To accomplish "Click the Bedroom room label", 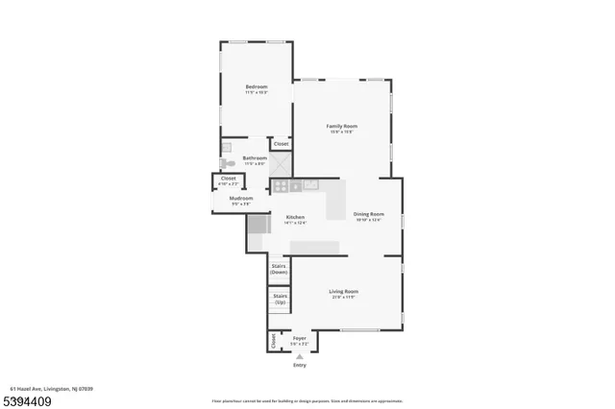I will [257, 86].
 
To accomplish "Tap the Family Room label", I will [341, 126].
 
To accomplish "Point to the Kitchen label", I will [295, 217].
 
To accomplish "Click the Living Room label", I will [343, 291].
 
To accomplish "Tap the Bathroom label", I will [255, 158].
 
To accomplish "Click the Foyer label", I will [300, 338].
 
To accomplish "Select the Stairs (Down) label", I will [280, 269].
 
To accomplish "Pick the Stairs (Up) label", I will [280, 300].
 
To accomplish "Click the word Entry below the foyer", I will [300, 365].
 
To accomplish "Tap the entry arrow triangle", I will [300, 355].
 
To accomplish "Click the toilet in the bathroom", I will [227, 163].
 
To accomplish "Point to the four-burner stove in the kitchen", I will [280, 186].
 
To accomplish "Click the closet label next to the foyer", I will [273, 341].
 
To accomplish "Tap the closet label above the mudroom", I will [228, 179].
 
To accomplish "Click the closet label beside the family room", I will [281, 144].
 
